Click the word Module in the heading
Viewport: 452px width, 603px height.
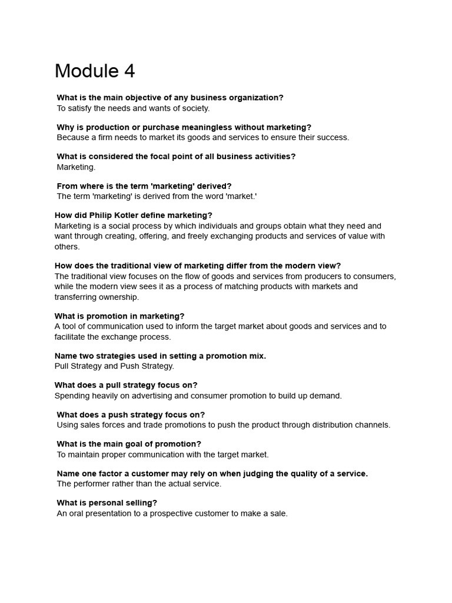pyautogui.click(x=86, y=71)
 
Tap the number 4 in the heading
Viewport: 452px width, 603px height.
pyautogui.click(x=129, y=71)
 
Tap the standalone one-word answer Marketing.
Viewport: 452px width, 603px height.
pyautogui.click(x=76, y=167)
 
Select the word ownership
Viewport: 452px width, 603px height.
pyautogui.click(x=118, y=297)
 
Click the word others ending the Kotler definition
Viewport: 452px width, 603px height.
pyautogui.click(x=67, y=247)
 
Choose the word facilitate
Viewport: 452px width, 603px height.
pyautogui.click(x=72, y=337)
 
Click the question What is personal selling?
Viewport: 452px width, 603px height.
pyautogui.click(x=107, y=503)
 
